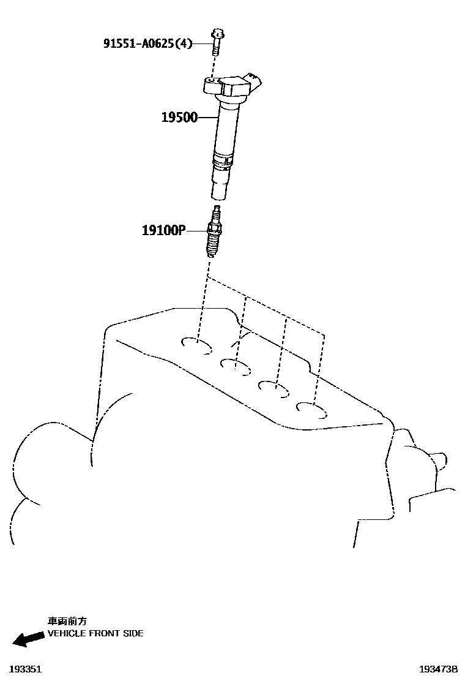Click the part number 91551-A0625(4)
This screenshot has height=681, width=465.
point(147,43)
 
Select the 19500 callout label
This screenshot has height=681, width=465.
point(179,117)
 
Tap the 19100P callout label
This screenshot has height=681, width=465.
point(163,230)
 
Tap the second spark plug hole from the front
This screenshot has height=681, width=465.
point(236,367)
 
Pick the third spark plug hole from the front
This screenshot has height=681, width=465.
point(273,388)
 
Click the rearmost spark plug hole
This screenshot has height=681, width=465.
point(311,408)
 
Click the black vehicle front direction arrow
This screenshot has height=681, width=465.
point(28,639)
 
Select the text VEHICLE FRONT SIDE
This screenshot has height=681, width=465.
point(95,633)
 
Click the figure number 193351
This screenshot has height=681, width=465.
point(25,669)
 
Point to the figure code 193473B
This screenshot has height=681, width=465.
point(438,669)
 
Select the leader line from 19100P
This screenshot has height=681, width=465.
point(196,231)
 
